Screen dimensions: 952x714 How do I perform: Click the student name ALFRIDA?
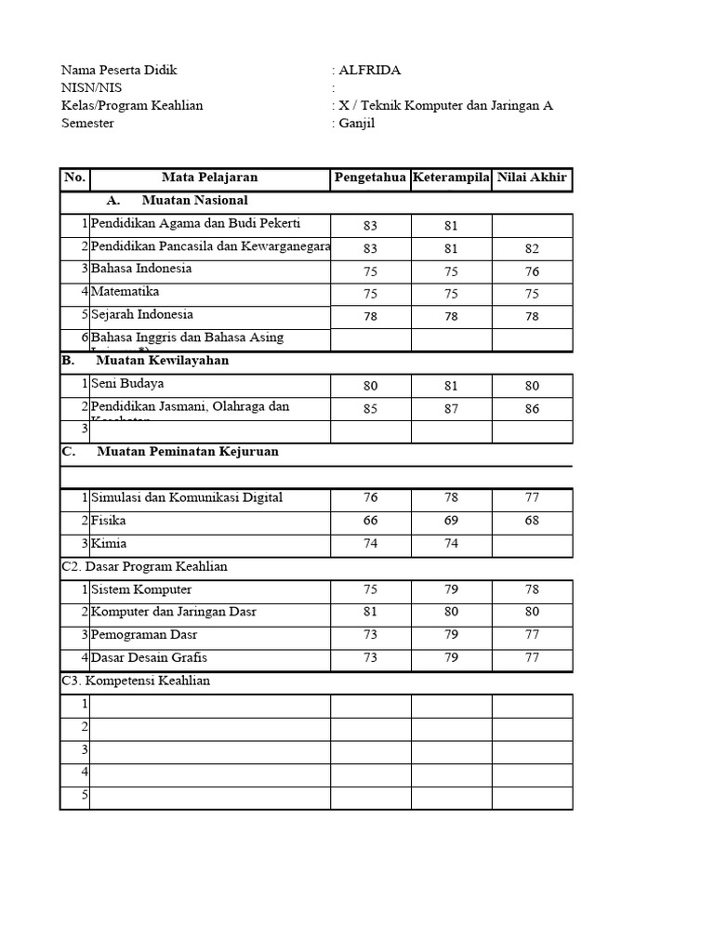[372, 70]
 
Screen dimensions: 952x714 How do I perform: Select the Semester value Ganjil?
[359, 124]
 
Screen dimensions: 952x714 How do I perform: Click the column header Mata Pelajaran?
[209, 178]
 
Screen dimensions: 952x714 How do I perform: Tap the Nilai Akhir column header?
[532, 178]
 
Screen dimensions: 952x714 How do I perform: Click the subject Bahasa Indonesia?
[141, 269]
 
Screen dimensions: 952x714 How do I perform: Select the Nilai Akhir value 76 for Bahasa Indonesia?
[532, 271]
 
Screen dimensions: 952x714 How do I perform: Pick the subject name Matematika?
[126, 292]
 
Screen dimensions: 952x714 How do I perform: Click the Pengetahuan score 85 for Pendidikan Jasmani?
[370, 409]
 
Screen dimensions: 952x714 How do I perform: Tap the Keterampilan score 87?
[451, 409]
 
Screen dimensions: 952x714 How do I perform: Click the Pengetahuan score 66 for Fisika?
[370, 521]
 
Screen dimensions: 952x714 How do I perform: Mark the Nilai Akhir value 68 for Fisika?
[532, 521]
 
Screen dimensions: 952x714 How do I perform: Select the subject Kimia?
[109, 544]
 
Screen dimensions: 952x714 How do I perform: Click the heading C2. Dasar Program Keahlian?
[144, 566]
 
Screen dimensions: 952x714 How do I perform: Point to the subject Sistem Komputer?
[141, 589]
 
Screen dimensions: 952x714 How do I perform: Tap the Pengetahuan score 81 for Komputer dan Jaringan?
[370, 612]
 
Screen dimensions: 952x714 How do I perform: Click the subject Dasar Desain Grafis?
[149, 658]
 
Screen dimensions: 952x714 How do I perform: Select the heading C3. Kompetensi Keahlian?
[136, 681]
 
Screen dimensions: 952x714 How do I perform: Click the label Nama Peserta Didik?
[119, 70]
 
